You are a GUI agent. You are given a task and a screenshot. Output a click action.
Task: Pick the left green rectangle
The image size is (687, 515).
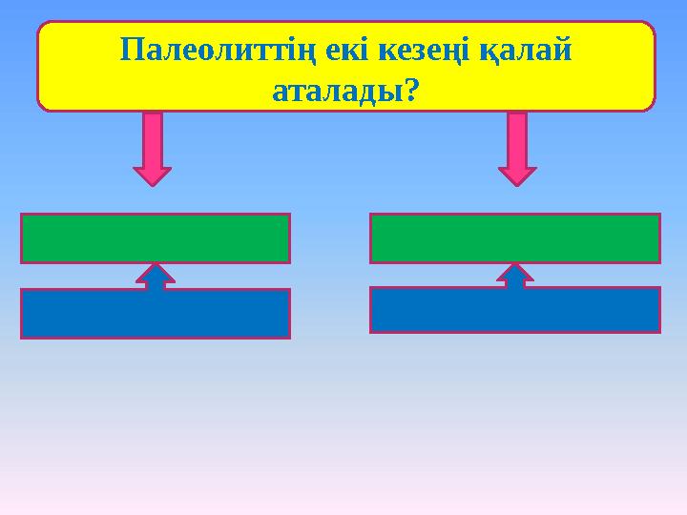[x=155, y=237]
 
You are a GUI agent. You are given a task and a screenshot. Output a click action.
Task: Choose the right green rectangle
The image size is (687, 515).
[x=514, y=237]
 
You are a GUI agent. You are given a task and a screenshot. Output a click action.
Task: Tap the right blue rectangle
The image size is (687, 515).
[x=514, y=311]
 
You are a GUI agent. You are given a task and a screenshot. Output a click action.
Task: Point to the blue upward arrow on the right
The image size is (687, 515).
[x=515, y=275]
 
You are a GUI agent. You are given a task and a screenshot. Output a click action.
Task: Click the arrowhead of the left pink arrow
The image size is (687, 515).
[x=152, y=175]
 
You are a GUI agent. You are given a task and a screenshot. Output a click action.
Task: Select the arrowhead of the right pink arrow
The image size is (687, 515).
[x=517, y=175]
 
